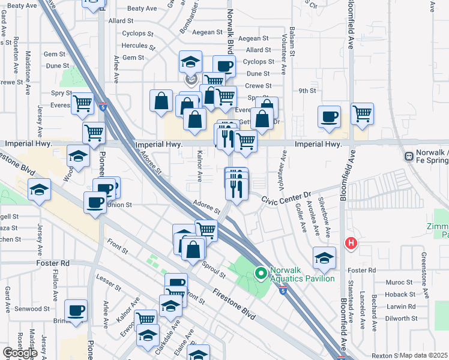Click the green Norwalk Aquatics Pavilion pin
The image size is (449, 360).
point(261,274)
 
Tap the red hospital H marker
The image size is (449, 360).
point(350,243)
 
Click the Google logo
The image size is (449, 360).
point(20,352)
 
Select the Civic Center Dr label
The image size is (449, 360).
point(283,195)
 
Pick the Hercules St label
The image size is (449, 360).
point(139,46)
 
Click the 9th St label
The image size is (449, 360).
point(307,91)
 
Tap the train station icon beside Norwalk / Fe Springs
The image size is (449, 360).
point(409,156)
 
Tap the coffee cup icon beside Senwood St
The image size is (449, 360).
point(76,310)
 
